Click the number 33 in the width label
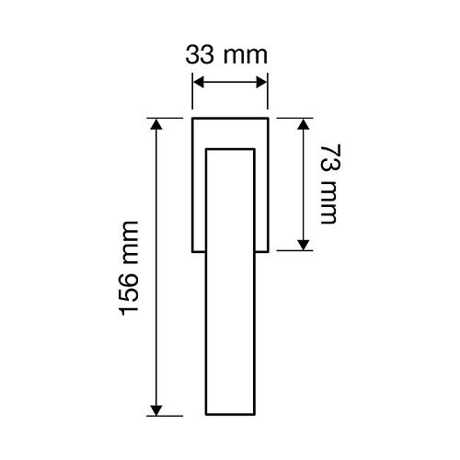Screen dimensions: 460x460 pyautogui.click(x=200, y=55)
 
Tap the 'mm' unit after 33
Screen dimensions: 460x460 pyautogui.click(x=246, y=57)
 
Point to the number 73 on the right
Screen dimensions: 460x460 pyautogui.click(x=330, y=157)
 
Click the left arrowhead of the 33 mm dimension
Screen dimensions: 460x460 pyautogui.click(x=199, y=82)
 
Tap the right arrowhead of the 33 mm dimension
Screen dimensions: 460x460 pyautogui.click(x=261, y=82)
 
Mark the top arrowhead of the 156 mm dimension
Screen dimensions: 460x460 pyautogui.click(x=156, y=124)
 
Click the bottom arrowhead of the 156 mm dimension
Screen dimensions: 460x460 pyautogui.click(x=156, y=410)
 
